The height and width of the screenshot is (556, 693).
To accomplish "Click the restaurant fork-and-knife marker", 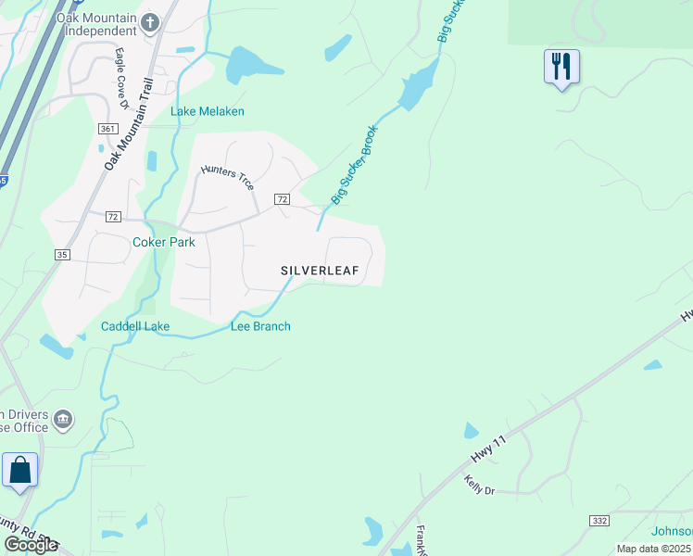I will point(561,67).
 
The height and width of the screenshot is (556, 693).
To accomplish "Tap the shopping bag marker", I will point(20,471).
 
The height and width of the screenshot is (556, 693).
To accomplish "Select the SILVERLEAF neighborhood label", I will point(320,271).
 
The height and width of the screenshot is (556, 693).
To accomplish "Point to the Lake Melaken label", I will point(208,111).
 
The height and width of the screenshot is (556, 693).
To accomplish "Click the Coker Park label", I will point(163,242).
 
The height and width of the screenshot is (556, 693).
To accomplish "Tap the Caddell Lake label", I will point(135,326).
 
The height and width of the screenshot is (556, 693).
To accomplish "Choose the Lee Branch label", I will point(260,326).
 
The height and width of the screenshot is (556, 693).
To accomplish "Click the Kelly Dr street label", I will point(480,484).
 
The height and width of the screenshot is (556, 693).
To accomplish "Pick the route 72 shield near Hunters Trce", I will point(283,199).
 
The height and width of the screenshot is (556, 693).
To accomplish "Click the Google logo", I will point(31,545).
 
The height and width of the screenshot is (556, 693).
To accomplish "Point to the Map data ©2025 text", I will point(653,549).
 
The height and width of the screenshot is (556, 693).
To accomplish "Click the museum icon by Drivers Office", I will point(63,420).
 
